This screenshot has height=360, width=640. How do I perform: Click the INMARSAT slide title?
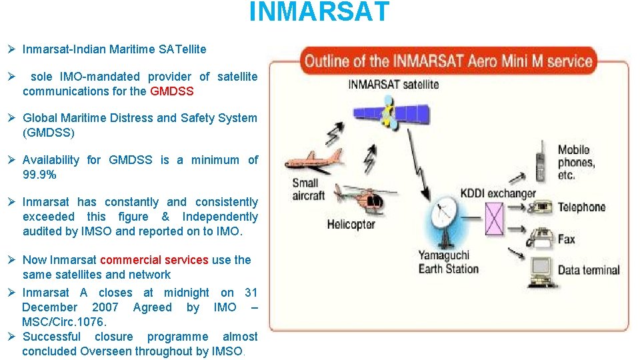[x=319, y=12]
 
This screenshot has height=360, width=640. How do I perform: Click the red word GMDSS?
[x=171, y=91]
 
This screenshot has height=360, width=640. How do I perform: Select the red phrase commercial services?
[x=154, y=260]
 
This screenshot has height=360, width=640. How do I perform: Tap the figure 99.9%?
[x=39, y=175]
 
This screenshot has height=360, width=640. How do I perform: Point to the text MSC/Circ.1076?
[x=64, y=322]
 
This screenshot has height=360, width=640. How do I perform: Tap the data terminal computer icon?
[x=540, y=268]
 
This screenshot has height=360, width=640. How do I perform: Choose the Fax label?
[x=566, y=239]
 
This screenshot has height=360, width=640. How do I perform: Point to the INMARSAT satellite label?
[x=393, y=84]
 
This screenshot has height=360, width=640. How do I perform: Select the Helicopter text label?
[x=351, y=225]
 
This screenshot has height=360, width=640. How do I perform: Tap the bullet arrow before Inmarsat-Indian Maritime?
[x=11, y=49]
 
